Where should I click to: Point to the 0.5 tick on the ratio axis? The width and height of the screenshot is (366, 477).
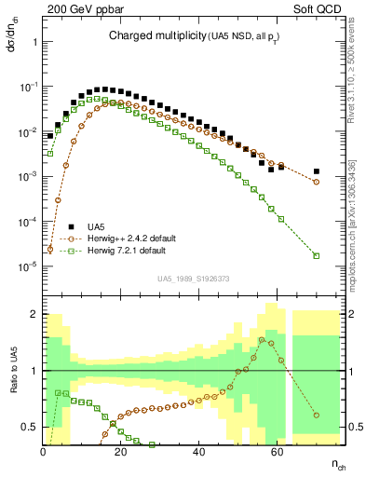click(29, 428)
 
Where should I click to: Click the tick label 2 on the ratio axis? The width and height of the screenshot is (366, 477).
click(34, 313)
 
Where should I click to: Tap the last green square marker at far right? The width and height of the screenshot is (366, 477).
click(317, 255)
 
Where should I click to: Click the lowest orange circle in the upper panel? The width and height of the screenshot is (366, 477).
click(49, 249)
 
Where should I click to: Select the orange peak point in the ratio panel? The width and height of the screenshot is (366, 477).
click(273, 340)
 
